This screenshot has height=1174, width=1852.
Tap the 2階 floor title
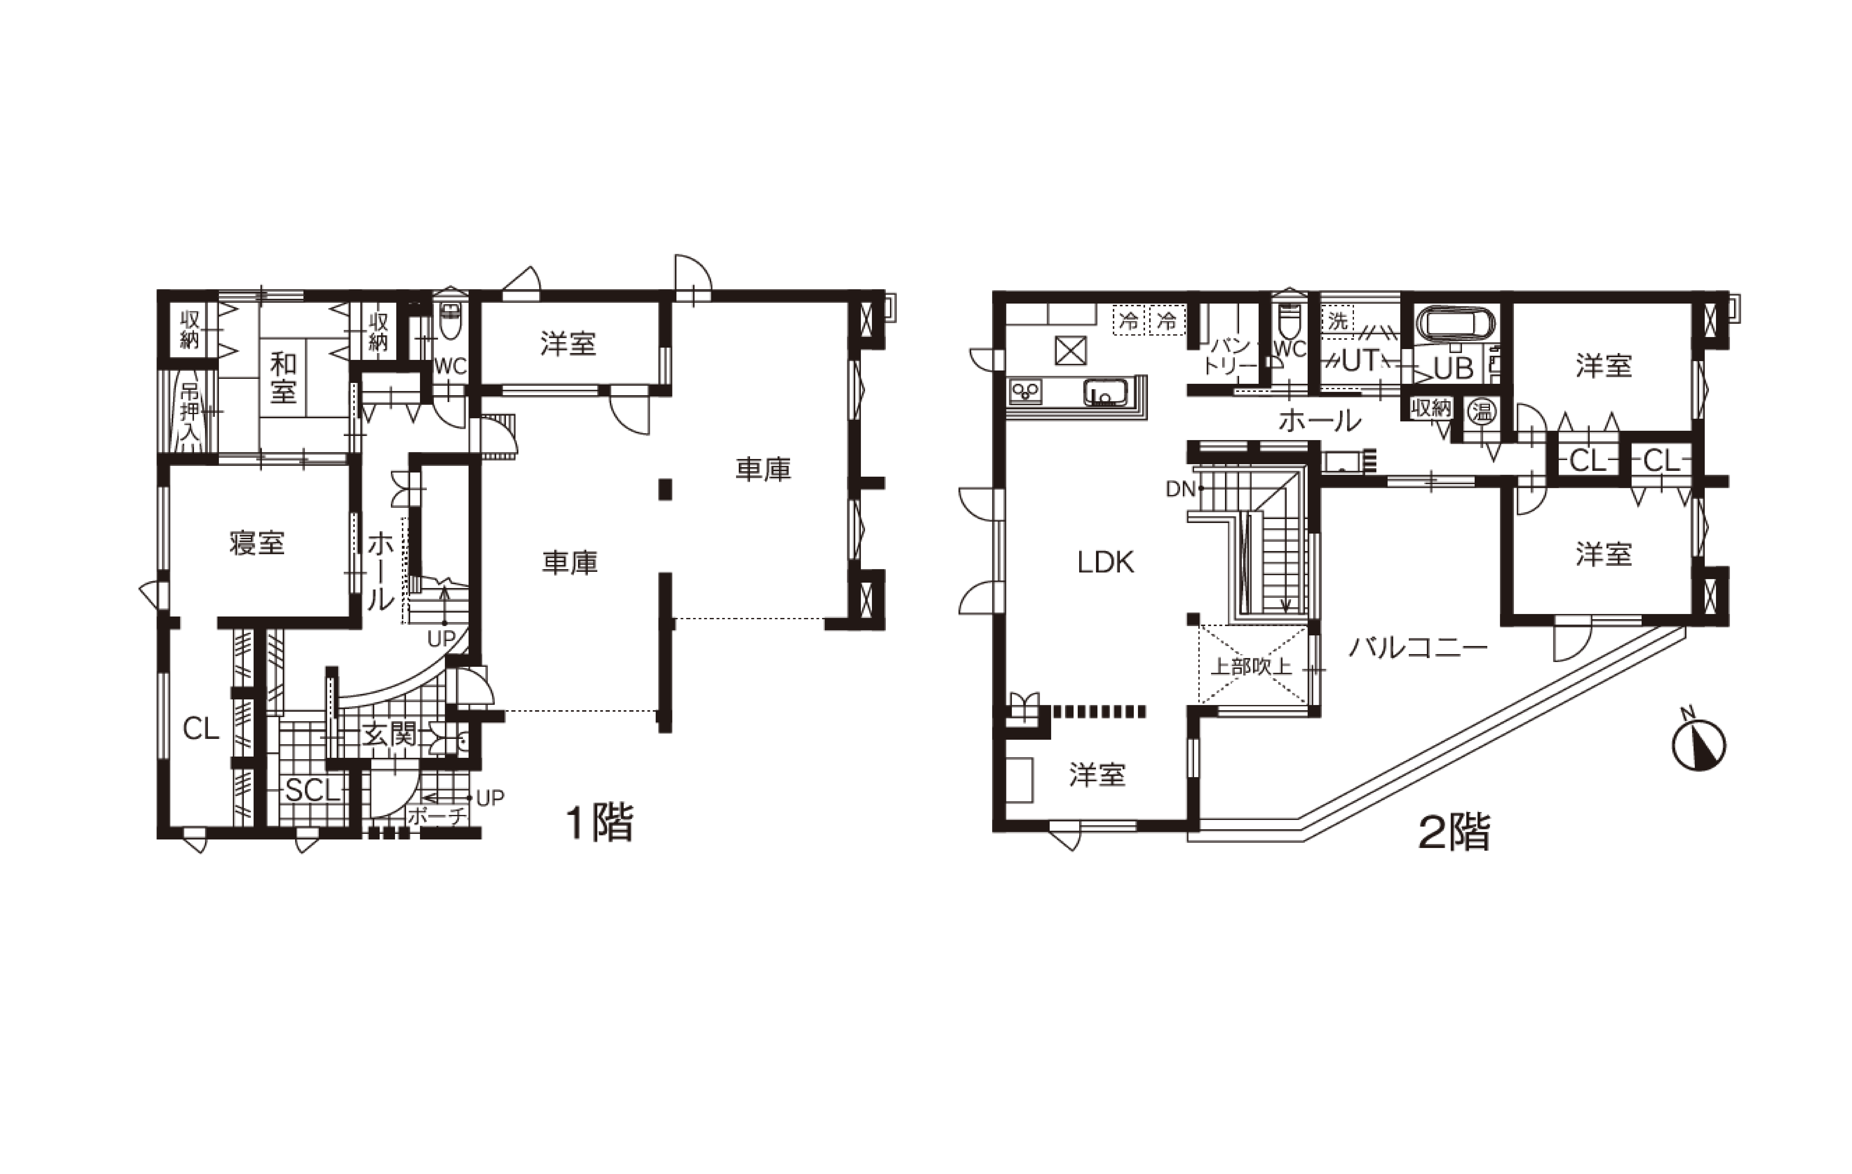tap(1454, 832)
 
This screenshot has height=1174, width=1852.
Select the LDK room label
tap(1105, 562)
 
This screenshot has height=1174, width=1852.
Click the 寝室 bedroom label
tap(257, 543)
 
